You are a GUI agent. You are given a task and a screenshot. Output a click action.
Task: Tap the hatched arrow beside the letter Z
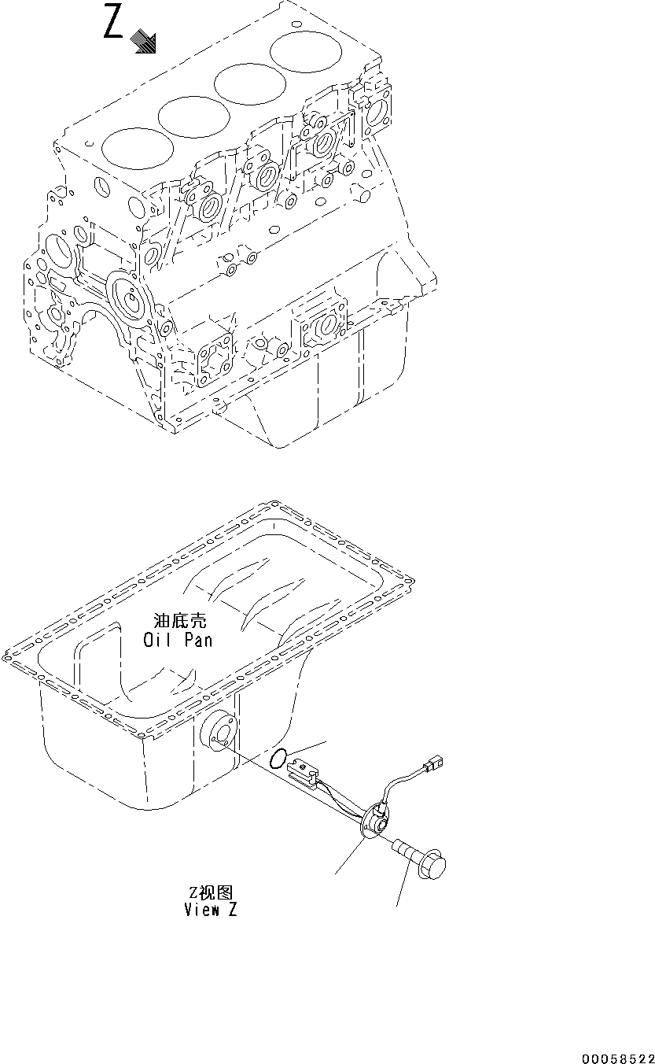[144, 42]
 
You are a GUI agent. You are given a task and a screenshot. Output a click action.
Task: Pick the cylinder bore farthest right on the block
[302, 54]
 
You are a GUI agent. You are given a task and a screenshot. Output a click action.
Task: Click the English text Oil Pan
[178, 640]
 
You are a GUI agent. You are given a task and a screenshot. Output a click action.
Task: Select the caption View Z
[210, 910]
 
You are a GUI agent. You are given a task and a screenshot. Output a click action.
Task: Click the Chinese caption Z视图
[210, 892]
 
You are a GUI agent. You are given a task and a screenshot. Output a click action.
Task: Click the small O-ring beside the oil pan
[278, 759]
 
